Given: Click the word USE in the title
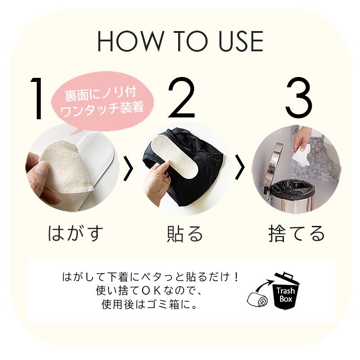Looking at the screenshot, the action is [x=241, y=41].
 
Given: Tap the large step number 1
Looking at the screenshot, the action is [x=36, y=98].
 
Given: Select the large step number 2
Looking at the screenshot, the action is [x=182, y=97].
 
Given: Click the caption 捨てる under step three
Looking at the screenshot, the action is [x=297, y=234].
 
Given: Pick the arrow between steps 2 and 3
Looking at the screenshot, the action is [x=240, y=167].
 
